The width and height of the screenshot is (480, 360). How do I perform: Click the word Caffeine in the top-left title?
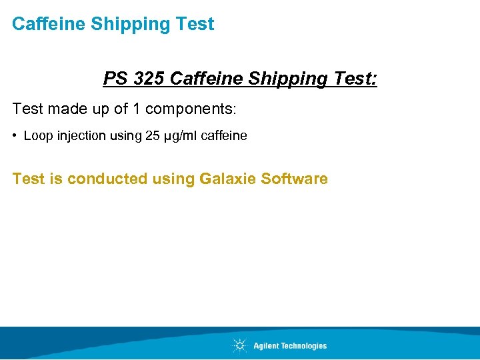[49, 24]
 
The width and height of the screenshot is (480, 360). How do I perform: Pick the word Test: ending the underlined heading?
[351, 79]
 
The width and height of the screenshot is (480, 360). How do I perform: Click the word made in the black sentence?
[66, 108]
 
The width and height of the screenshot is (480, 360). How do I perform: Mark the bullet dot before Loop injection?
[15, 136]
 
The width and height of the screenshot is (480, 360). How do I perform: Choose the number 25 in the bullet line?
[151, 136]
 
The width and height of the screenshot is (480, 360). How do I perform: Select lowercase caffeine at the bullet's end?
[224, 136]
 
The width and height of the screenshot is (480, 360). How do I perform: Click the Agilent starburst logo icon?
[239, 345]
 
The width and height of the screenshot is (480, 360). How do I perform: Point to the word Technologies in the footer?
[300, 345]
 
